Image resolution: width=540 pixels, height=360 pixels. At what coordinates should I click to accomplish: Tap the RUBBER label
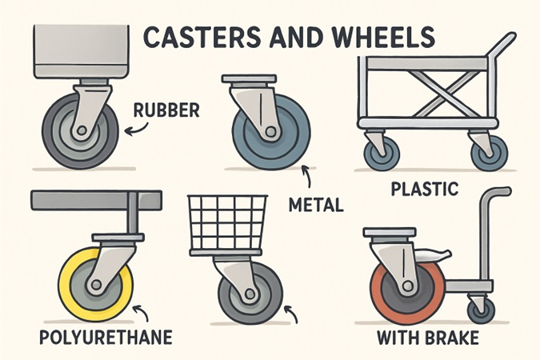point(166,110)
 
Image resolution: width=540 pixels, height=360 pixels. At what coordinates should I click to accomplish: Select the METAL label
point(316,205)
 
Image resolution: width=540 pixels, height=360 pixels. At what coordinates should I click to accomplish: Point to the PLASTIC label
point(425,189)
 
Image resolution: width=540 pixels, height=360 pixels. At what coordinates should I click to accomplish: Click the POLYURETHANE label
point(106,337)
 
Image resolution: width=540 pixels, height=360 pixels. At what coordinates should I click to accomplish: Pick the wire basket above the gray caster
point(228,225)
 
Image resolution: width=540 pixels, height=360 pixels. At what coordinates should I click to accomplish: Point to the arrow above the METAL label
point(307,176)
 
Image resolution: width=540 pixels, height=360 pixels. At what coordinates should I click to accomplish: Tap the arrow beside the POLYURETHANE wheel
point(141,310)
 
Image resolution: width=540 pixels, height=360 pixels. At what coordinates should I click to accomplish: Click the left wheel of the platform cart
point(382,153)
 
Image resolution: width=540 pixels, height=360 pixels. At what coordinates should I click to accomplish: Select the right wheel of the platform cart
point(490,153)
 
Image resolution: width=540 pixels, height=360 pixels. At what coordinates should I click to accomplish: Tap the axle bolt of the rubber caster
point(82,130)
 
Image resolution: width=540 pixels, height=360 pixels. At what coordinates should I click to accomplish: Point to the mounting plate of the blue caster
point(250,78)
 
